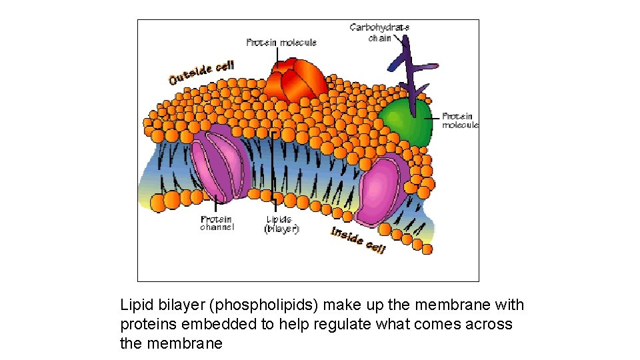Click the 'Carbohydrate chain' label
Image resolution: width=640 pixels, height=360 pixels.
pyautogui.click(x=379, y=32)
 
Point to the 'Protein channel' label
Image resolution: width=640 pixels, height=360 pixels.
pyautogui.click(x=217, y=223)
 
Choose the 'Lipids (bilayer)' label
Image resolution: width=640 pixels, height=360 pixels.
pyautogui.click(x=281, y=223)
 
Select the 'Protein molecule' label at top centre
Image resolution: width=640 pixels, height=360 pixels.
pyautogui.click(x=281, y=43)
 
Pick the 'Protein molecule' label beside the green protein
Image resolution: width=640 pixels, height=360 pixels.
pyautogui.click(x=460, y=121)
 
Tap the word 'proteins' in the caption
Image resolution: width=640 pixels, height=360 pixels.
pyautogui.click(x=146, y=325)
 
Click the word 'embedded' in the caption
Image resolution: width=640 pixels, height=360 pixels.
pyautogui.click(x=210, y=325)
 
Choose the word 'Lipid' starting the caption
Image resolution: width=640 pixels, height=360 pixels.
pyautogui.click(x=135, y=305)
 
